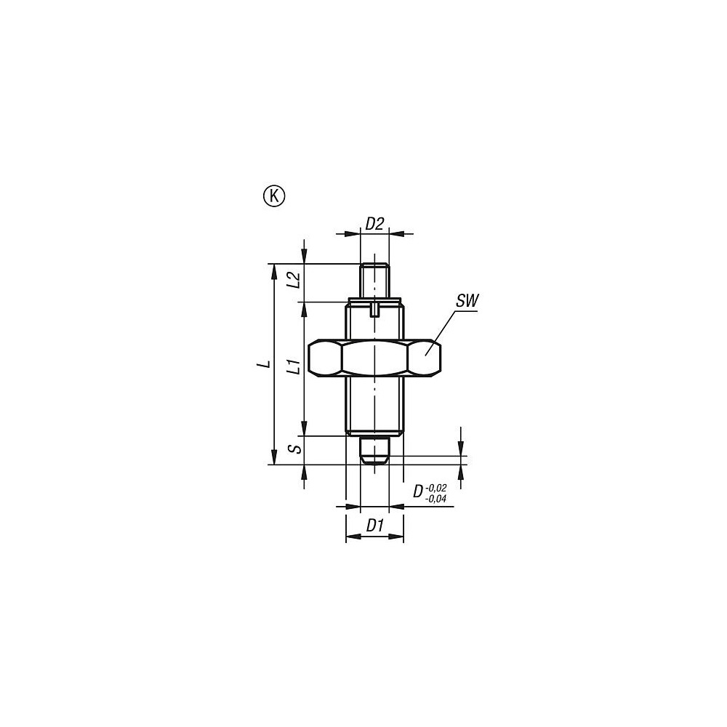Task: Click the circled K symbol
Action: click(x=274, y=196)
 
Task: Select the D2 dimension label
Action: click(x=374, y=224)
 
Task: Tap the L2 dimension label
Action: click(x=293, y=281)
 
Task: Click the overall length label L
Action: click(x=266, y=363)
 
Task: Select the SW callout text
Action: click(x=467, y=300)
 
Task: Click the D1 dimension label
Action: click(x=374, y=524)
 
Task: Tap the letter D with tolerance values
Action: click(x=418, y=492)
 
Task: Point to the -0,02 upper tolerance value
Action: click(x=436, y=487)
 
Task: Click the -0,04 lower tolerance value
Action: click(x=436, y=499)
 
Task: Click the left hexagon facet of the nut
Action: click(x=325, y=358)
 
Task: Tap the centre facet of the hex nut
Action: click(x=375, y=358)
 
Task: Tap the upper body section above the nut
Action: click(x=374, y=324)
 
